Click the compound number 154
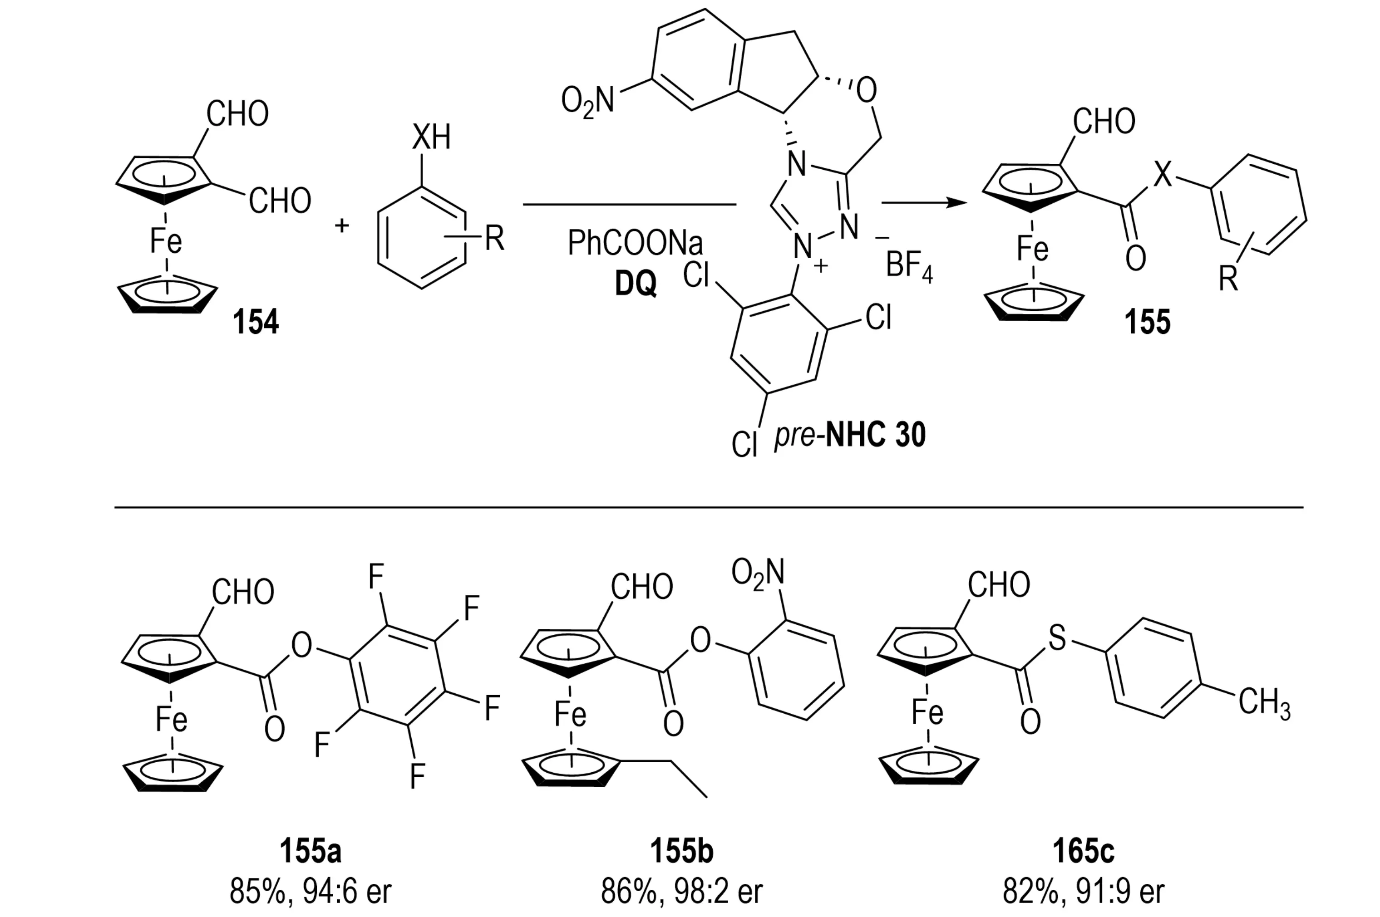[x=256, y=322]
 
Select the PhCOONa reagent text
[x=635, y=243]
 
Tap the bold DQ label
[x=636, y=284]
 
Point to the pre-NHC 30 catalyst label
[x=849, y=435]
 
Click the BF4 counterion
[x=908, y=265]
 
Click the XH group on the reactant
[x=431, y=138]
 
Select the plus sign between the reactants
[x=342, y=225]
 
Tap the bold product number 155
[x=1147, y=322]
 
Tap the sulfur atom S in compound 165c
[x=1057, y=638]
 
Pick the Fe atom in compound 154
[x=166, y=240]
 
